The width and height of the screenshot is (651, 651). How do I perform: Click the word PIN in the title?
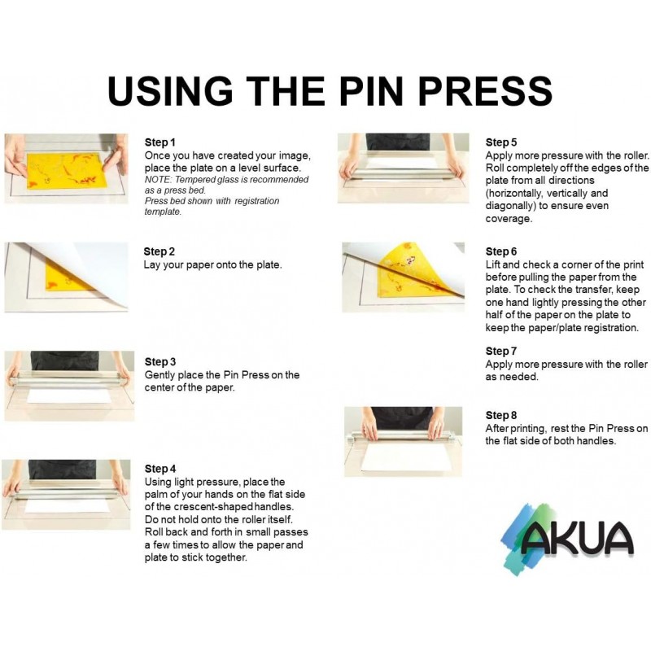pyautogui.click(x=372, y=90)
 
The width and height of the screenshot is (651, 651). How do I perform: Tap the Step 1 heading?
pyautogui.click(x=159, y=142)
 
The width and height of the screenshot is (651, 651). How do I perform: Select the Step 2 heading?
pyautogui.click(x=159, y=251)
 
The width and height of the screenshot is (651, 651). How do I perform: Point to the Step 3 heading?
pyautogui.click(x=159, y=361)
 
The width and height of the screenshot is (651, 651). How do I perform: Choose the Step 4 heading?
pyautogui.click(x=159, y=469)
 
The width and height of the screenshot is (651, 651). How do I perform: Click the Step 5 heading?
pyautogui.click(x=501, y=142)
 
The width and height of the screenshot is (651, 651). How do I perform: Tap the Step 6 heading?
pyautogui.click(x=501, y=251)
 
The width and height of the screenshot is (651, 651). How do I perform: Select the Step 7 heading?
pyautogui.click(x=501, y=352)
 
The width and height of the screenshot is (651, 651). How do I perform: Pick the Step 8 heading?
pyautogui.click(x=501, y=415)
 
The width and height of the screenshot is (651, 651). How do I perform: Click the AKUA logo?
pyautogui.click(x=566, y=539)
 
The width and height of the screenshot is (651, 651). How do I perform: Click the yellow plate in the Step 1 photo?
pyautogui.click(x=67, y=170)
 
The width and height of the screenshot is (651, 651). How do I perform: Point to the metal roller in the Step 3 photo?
pyautogui.click(x=68, y=378)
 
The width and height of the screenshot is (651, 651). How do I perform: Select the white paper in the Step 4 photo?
pyautogui.click(x=67, y=505)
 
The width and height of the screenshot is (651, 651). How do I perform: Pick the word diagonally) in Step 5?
pyautogui.click(x=510, y=207)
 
